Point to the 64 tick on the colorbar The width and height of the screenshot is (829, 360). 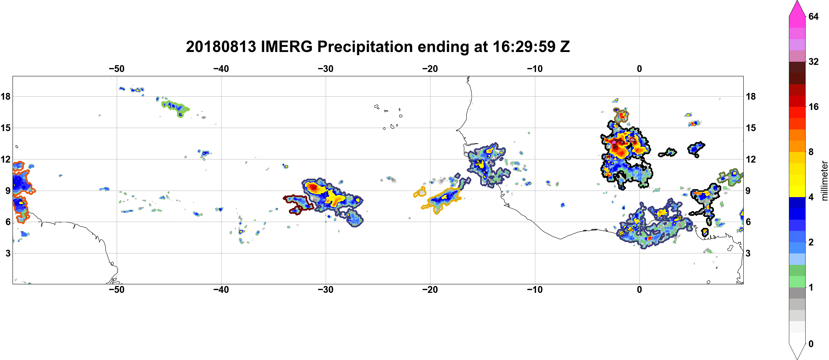(814, 16)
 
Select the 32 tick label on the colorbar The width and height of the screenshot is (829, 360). (814, 61)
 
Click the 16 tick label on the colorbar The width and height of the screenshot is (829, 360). (814, 107)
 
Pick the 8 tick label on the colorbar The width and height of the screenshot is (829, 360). (811, 152)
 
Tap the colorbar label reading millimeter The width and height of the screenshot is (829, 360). (824, 181)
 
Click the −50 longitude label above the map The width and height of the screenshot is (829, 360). (116, 69)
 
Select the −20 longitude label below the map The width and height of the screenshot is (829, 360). (430, 290)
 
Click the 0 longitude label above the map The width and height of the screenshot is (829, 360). (639, 69)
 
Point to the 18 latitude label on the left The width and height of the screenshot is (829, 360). (5, 96)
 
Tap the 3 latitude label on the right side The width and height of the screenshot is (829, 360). (748, 253)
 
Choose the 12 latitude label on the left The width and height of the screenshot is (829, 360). (5, 159)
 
